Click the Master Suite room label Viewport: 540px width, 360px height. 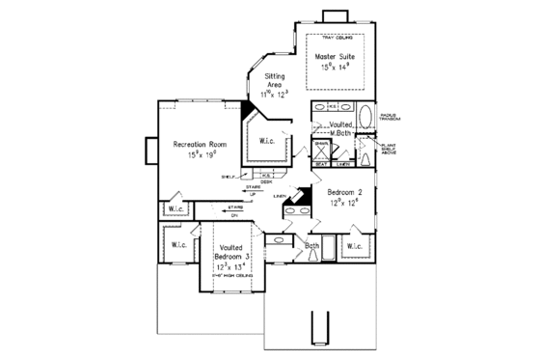pyautogui.click(x=336, y=58)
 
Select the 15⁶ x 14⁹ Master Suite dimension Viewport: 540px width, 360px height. pyautogui.click(x=336, y=69)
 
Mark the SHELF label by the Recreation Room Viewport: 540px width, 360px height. pyautogui.click(x=228, y=177)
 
